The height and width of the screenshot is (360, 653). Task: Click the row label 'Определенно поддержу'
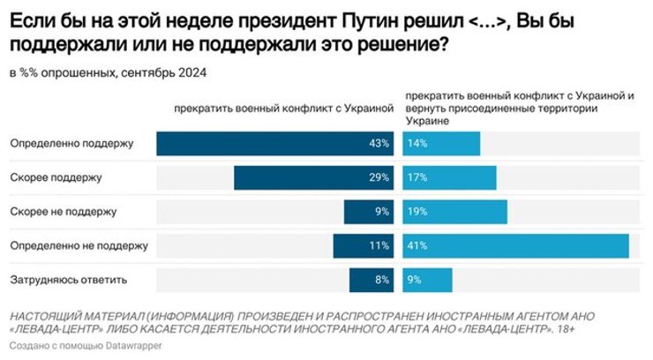tap(71, 144)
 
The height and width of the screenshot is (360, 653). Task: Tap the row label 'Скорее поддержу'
tap(56, 177)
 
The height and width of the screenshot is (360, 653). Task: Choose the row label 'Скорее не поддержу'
tap(63, 212)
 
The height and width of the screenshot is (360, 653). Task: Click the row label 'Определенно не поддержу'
tap(78, 246)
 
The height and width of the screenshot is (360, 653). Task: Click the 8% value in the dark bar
tap(382, 281)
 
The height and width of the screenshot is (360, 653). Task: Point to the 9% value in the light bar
tap(414, 281)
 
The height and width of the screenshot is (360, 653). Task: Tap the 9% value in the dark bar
tap(382, 212)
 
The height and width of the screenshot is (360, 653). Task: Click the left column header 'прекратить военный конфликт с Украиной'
tap(281, 109)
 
